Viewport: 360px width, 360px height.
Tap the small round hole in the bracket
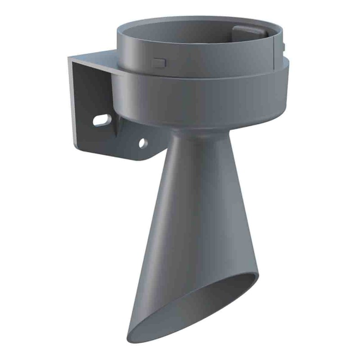(x=143, y=143)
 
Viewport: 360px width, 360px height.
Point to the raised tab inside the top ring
(x=246, y=33)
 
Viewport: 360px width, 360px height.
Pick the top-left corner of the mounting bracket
(x=70, y=58)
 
